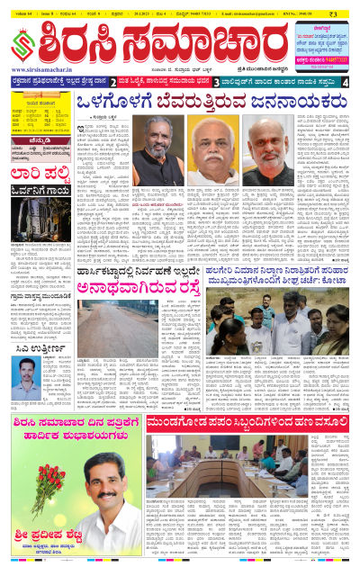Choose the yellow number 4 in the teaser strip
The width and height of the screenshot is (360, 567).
point(346,84)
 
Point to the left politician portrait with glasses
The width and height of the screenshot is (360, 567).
point(159,145)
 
